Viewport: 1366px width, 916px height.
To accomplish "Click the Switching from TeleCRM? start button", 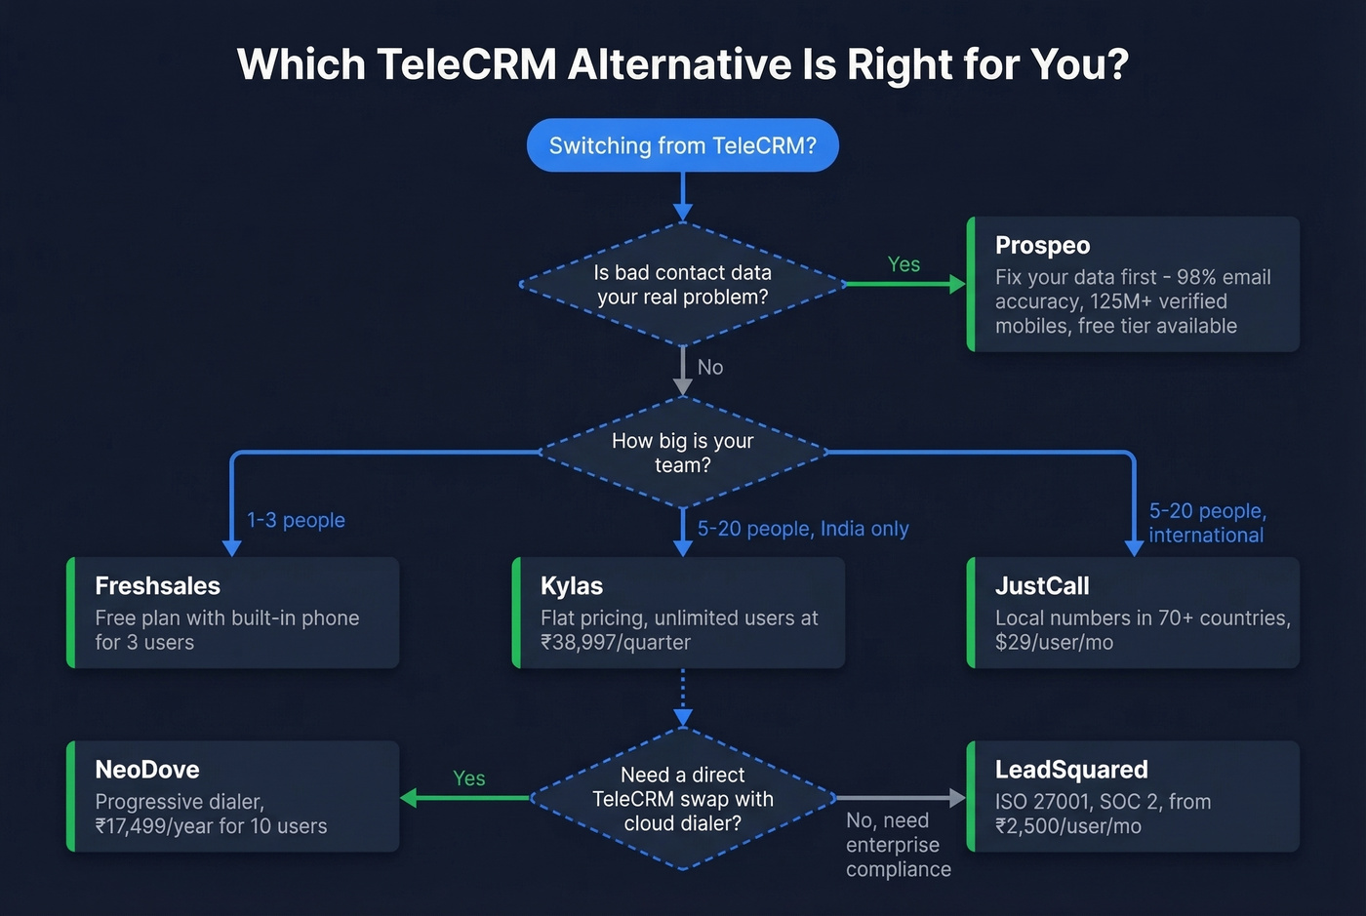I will (682, 145).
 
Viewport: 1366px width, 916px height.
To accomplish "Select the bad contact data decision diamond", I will (682, 285).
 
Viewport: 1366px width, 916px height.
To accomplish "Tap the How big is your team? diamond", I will (682, 453).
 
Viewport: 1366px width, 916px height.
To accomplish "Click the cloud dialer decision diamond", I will (682, 799).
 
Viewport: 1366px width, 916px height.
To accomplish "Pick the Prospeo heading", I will (1042, 246).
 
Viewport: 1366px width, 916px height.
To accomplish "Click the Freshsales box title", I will (157, 586).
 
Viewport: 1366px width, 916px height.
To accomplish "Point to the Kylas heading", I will (572, 586).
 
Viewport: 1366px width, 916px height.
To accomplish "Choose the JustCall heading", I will (1042, 586).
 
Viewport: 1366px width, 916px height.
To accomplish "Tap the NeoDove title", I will (147, 770).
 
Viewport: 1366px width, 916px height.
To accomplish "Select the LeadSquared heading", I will (1071, 770).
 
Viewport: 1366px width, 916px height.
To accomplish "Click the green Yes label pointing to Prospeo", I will (904, 264).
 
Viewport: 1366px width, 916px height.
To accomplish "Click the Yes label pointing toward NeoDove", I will (469, 778).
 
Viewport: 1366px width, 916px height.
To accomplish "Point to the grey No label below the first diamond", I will (710, 368).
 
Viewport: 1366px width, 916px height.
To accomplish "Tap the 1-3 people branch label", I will (296, 520).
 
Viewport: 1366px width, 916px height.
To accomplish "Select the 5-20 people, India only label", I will (803, 529).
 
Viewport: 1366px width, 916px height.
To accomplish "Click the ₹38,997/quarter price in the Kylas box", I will (616, 643).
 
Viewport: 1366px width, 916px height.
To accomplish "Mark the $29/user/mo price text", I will (1054, 643).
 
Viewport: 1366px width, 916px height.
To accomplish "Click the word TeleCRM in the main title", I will (466, 64).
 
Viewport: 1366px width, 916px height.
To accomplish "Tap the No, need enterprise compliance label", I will (898, 845).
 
